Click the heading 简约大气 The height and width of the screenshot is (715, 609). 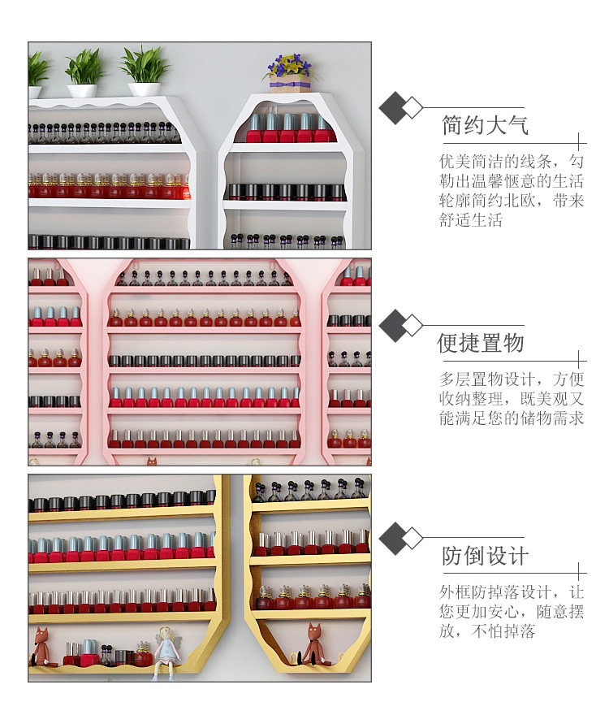click(485, 125)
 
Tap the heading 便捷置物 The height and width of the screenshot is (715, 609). click(481, 343)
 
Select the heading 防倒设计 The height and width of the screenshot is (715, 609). click(485, 556)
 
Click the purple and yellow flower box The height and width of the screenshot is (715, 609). click(290, 73)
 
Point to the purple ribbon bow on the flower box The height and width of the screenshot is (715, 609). click(289, 84)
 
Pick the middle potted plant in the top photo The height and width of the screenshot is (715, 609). click(84, 73)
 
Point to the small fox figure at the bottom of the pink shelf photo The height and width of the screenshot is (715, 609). click(152, 461)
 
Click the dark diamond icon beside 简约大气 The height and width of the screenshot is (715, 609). click(394, 108)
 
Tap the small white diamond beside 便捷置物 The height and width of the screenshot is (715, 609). click(413, 326)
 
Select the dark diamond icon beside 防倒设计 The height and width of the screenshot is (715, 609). click(394, 538)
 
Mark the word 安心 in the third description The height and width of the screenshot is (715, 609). click(503, 612)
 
